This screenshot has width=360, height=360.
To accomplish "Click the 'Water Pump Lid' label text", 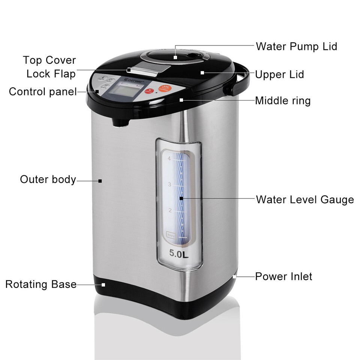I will (x=296, y=46).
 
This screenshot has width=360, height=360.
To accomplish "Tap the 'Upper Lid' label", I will (x=279, y=74).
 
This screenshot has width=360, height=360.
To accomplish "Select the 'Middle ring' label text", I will (x=283, y=100).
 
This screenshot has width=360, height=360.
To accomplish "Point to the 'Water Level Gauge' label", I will (x=305, y=199).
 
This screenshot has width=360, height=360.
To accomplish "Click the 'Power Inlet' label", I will (x=283, y=277).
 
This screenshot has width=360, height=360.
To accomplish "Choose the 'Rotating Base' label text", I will (x=41, y=284).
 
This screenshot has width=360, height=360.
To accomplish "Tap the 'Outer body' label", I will (x=48, y=179).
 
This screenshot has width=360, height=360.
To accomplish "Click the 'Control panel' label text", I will (x=43, y=91).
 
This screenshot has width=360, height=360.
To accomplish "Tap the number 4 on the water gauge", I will (x=169, y=159).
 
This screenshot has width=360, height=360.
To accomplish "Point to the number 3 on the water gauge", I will (x=169, y=184).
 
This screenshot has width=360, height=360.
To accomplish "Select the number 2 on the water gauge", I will (x=169, y=210).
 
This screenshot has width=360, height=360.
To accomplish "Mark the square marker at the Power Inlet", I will (x=235, y=277).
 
